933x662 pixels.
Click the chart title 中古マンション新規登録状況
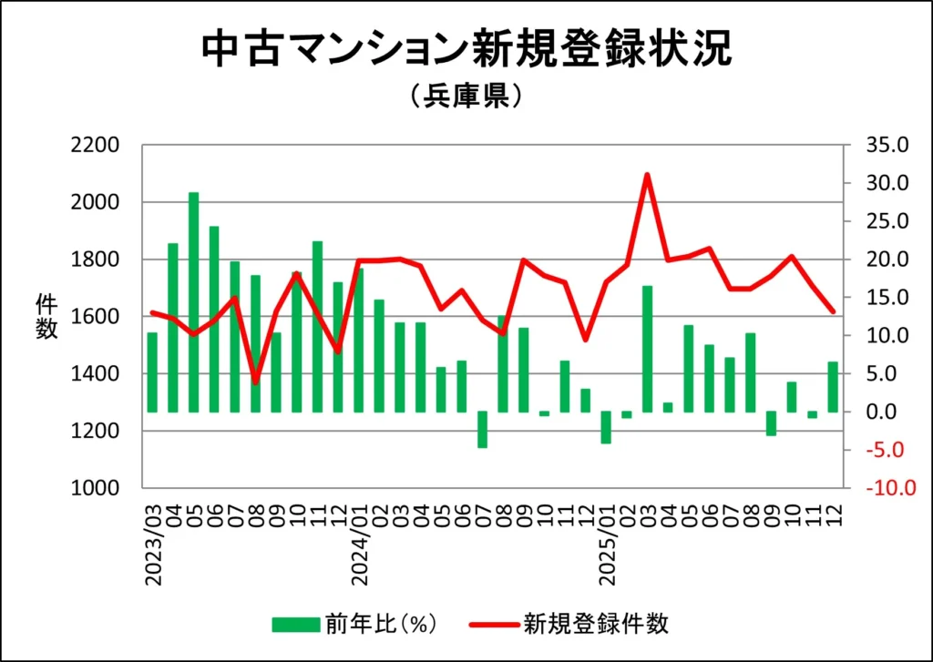(466, 50)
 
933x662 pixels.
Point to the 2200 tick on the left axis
(96, 146)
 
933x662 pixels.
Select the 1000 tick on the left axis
(96, 488)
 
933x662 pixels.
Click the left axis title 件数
(46, 316)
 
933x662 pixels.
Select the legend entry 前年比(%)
(355, 624)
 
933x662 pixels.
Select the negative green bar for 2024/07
(482, 430)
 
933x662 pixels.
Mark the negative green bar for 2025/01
(606, 427)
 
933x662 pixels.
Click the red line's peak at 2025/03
(647, 174)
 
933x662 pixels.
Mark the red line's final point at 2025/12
(832, 312)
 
